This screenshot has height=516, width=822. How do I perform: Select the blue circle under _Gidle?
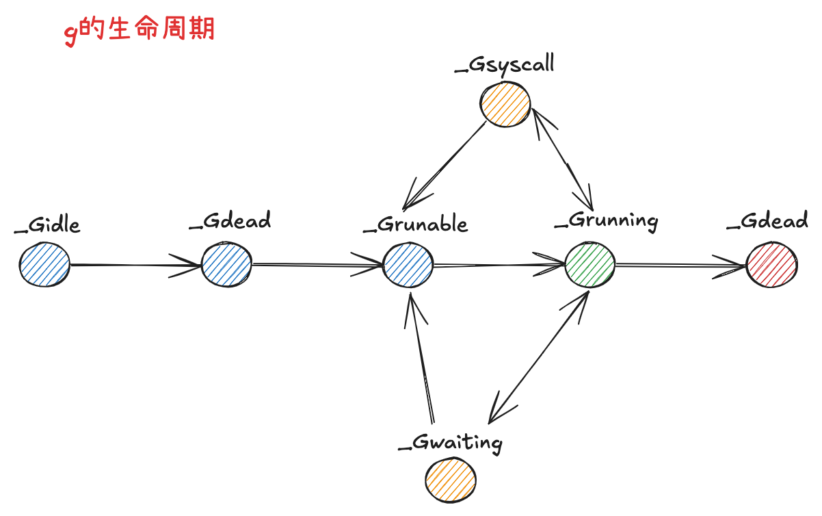coord(44,265)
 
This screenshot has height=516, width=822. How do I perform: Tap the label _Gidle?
coord(47,225)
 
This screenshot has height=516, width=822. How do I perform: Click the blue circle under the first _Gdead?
coord(226,264)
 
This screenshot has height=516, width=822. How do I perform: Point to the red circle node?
coord(771,265)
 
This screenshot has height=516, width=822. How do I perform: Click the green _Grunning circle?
coord(590,264)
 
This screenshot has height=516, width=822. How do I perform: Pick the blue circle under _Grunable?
coord(408,264)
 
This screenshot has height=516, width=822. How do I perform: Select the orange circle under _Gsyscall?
coord(506,103)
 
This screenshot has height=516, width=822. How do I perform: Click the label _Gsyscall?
coord(504,64)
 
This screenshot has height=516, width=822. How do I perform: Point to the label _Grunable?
coord(416,224)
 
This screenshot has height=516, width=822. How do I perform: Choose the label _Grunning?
coord(607,221)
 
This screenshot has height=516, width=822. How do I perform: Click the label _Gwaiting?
coord(451,443)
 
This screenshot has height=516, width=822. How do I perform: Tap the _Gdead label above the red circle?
coord(767,221)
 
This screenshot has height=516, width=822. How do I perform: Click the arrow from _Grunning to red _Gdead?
coord(680,265)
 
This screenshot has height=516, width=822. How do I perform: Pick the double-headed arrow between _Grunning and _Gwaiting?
coord(539,356)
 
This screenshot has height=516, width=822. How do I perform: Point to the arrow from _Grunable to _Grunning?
coord(499,265)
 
